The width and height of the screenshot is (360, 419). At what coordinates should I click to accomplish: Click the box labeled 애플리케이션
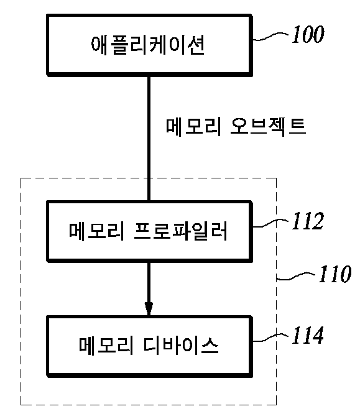tap(149, 45)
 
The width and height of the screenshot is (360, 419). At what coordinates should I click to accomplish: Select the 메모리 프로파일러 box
tap(149, 231)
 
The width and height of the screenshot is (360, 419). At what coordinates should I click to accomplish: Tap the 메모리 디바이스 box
tap(149, 347)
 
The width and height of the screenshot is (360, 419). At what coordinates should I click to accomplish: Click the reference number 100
tap(308, 34)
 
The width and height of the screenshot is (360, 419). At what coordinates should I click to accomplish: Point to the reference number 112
tap(308, 221)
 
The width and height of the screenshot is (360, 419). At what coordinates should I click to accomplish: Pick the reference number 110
tap(335, 274)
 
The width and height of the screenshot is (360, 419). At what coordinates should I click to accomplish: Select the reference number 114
tap(308, 335)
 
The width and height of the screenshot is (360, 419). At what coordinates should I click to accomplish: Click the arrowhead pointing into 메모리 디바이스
tap(149, 309)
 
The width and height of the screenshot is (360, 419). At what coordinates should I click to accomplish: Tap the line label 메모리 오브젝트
tap(236, 127)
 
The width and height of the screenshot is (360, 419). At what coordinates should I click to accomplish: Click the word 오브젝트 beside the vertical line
tap(268, 127)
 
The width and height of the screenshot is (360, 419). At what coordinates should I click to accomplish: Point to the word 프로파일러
tap(180, 231)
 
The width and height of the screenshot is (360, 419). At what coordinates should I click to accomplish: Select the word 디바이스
tap(181, 346)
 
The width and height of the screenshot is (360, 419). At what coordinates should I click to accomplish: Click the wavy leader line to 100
tap(270, 37)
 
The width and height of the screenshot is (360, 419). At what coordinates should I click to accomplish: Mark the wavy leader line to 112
tap(270, 223)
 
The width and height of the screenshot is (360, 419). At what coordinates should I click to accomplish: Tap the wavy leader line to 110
tap(296, 276)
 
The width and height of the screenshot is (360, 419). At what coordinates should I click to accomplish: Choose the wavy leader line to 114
tap(270, 338)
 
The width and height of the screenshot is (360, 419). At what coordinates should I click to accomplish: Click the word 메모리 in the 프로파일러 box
tap(96, 231)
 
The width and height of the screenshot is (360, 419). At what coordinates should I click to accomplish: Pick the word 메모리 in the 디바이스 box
tap(106, 346)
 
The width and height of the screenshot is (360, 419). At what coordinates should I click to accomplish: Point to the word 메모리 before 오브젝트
tap(193, 127)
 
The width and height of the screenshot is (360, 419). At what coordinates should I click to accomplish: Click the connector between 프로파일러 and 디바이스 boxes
tap(149, 289)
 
